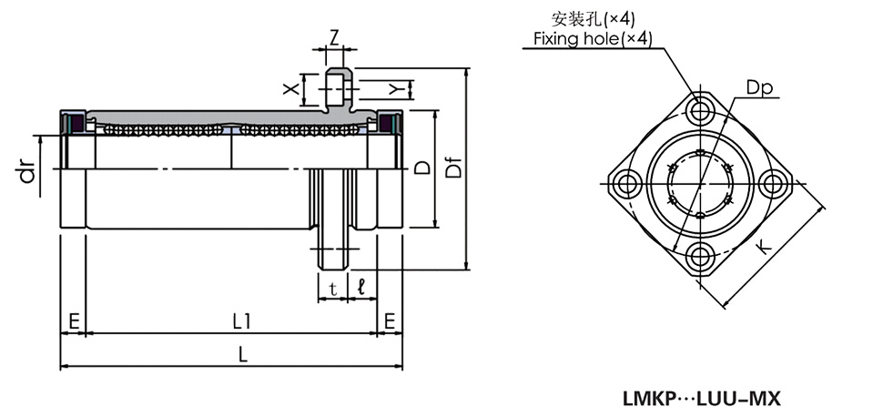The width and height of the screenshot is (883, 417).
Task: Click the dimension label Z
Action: pos(334,37)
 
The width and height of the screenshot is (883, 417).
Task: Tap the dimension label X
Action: pos(290,89)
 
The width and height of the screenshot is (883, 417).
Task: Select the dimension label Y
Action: pos(393,88)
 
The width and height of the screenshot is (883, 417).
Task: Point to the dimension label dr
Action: pos(30,170)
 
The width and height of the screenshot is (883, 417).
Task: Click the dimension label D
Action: pos(421,168)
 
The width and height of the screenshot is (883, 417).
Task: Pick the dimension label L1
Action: pos(241,320)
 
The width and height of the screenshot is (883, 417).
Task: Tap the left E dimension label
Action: pos(73,320)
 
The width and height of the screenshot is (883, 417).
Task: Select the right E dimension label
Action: pos(390,320)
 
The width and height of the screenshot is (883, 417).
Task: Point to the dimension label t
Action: pos(333,289)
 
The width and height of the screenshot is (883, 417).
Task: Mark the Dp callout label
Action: pos(758,87)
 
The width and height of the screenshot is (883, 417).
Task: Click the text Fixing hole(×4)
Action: pos(593,38)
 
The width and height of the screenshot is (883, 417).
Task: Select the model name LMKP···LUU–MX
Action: pos(702,398)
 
